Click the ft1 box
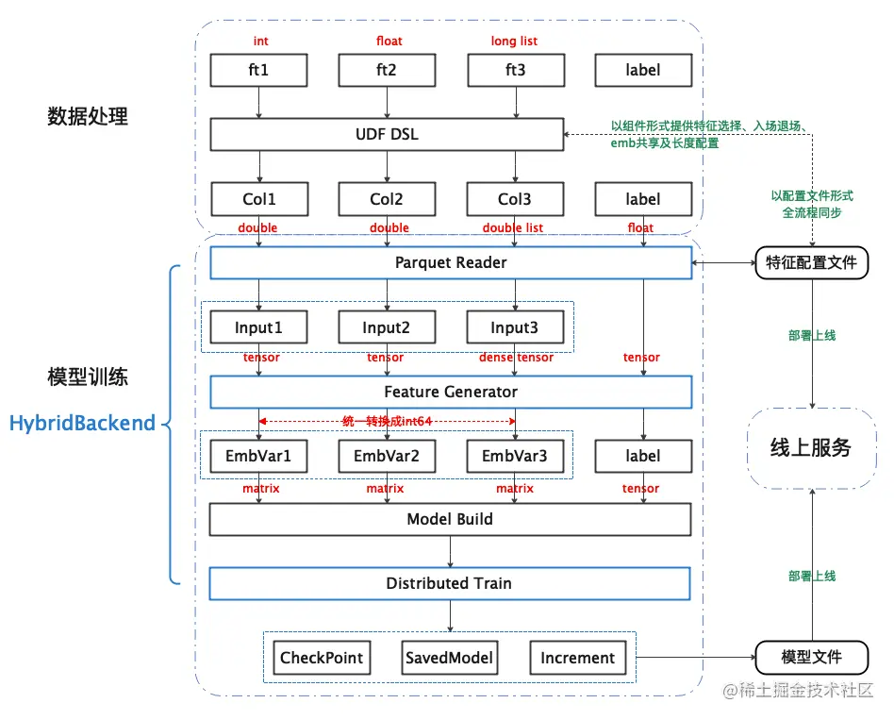pos(258,70)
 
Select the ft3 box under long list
pos(515,70)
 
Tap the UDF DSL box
pos(386,134)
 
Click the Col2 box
pos(387,199)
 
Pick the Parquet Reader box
pos(450,263)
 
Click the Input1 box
pos(258,327)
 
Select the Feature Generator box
pos(450,392)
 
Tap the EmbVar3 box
pos(515,456)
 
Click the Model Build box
pos(450,519)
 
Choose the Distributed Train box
pos(450,583)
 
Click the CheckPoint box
pos(321,658)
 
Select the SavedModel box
pos(449,658)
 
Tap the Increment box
pos(577,658)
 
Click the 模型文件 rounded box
pos(811,657)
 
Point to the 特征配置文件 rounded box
pos(811,262)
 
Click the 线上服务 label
pos(811,448)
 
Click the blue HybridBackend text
pos(82,424)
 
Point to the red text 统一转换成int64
pos(387,420)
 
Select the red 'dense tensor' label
pos(515,358)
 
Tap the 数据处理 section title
pos(88,117)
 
